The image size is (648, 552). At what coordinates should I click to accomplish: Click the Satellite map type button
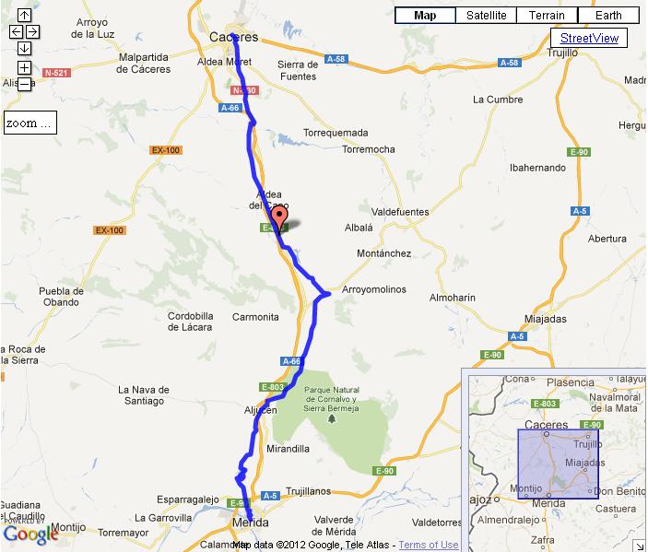(x=486, y=16)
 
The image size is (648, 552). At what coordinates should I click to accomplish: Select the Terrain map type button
(x=547, y=16)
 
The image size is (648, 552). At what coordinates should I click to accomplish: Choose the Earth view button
(x=608, y=16)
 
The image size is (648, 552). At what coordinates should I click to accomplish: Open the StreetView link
(x=590, y=38)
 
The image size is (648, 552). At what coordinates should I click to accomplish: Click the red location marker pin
(x=282, y=217)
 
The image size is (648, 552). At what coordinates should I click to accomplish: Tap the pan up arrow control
(x=24, y=16)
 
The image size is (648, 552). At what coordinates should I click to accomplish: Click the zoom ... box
(x=29, y=123)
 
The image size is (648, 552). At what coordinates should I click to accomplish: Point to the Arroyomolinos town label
(x=374, y=289)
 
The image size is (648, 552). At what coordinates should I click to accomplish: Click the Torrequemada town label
(x=336, y=133)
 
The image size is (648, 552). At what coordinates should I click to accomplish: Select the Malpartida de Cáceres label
(x=145, y=63)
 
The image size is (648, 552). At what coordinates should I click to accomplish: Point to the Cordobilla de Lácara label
(x=190, y=321)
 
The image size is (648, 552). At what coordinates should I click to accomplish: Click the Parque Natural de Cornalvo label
(x=331, y=397)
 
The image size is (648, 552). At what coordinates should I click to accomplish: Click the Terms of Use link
(x=428, y=545)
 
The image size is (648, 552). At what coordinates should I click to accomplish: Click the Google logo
(x=30, y=534)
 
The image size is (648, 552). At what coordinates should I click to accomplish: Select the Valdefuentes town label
(x=399, y=212)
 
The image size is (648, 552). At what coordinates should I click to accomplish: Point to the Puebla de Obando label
(x=61, y=297)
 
